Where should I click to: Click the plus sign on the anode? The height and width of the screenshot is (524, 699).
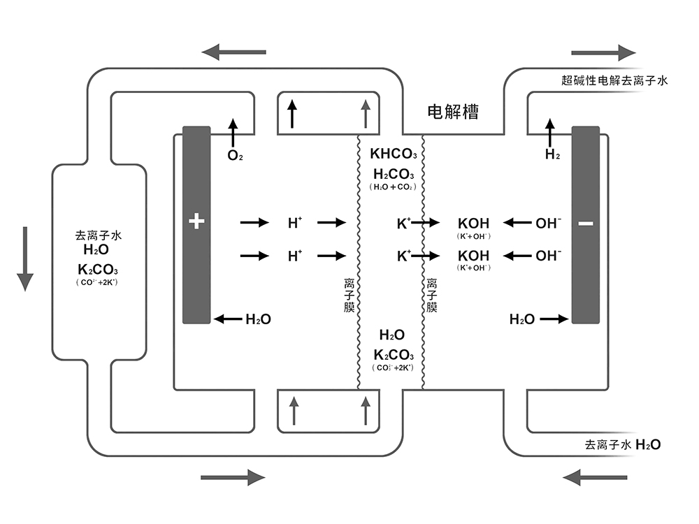(x=196, y=222)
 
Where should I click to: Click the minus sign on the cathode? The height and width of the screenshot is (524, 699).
(x=586, y=224)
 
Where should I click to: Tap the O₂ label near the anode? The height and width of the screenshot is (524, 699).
(x=235, y=155)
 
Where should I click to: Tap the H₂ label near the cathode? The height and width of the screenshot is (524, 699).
(x=552, y=155)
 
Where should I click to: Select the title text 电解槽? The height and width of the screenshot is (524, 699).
(x=452, y=112)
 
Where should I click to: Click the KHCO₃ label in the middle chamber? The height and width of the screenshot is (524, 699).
(x=393, y=154)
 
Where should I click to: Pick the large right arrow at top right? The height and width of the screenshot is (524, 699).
(x=603, y=52)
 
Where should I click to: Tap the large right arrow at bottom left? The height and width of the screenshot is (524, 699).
(x=233, y=477)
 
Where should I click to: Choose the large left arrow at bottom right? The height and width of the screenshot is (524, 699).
(x=594, y=477)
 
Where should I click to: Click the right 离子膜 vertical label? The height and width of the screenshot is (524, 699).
(x=432, y=295)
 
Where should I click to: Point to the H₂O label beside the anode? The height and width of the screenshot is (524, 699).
(x=257, y=319)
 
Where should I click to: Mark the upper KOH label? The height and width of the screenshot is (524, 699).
(x=473, y=224)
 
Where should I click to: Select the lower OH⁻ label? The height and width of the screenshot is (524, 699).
(x=549, y=256)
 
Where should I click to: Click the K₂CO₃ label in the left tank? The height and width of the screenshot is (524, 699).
(x=98, y=270)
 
